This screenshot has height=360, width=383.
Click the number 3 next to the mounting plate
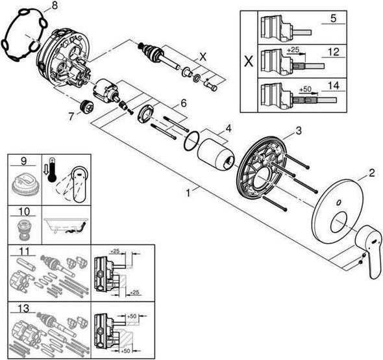[299, 131]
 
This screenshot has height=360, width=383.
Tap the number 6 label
[184, 103]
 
